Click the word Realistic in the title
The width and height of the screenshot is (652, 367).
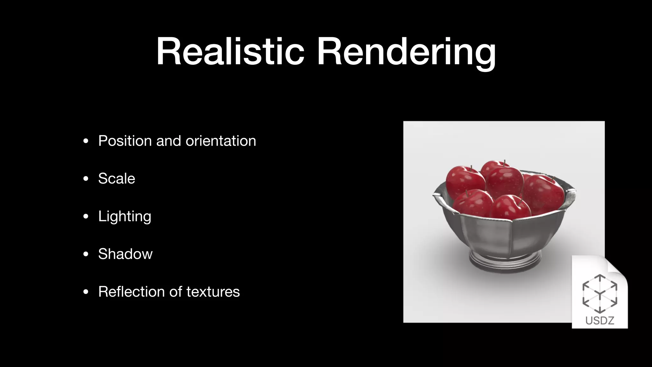point(230,52)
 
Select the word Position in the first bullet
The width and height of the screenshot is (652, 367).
point(125,141)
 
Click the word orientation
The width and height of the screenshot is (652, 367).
point(221,141)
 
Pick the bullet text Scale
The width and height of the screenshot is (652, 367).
point(117,178)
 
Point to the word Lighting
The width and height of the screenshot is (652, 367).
point(124,217)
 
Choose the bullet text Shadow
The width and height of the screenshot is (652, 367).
point(125,254)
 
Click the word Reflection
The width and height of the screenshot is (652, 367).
point(129,291)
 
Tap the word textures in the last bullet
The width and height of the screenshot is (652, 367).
point(213,291)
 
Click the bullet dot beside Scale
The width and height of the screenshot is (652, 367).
point(86,179)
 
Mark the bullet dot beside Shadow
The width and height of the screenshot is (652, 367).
point(86,254)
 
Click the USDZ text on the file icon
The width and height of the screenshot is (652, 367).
point(600,320)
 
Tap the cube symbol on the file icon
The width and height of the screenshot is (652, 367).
point(600,294)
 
